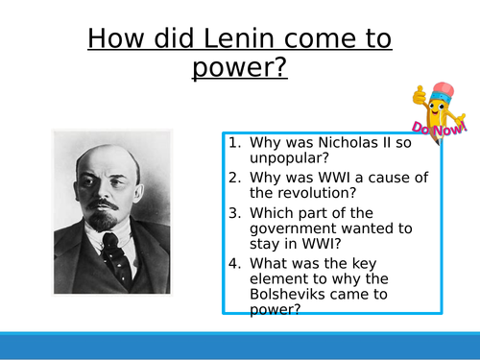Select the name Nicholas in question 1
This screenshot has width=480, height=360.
(x=343, y=144)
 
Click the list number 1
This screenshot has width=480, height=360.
(x=233, y=144)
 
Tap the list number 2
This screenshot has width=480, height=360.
(x=233, y=178)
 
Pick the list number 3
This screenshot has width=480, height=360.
(x=233, y=211)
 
